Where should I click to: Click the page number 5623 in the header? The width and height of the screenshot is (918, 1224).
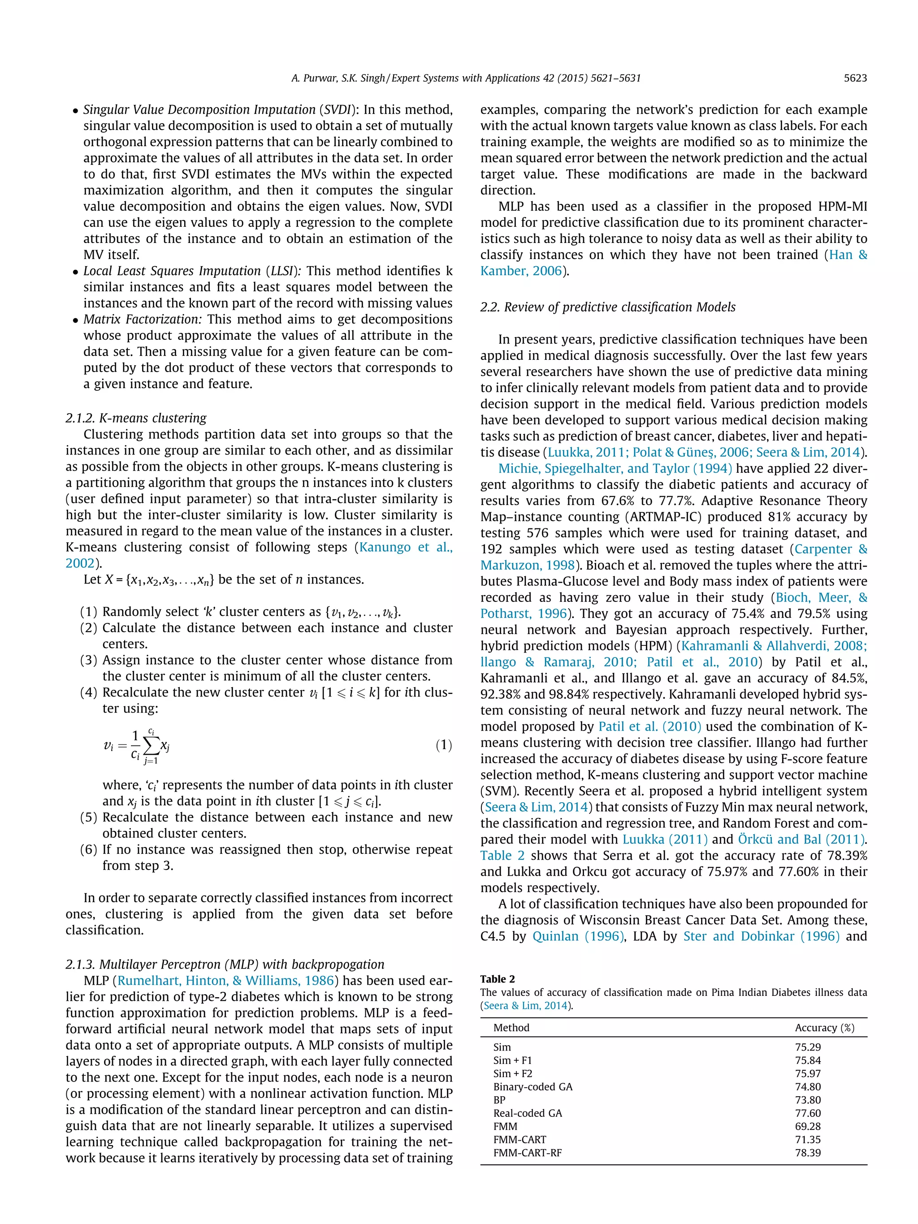855,78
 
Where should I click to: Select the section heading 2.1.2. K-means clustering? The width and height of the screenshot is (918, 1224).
136,418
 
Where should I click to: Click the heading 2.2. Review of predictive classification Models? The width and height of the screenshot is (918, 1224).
607,307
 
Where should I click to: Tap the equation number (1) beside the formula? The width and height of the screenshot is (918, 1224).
443,745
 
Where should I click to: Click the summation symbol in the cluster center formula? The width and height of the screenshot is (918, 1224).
151,746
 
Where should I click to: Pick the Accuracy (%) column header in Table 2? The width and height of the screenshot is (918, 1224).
824,1028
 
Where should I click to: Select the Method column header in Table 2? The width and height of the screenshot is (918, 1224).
511,1028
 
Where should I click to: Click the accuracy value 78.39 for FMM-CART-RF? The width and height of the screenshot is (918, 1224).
808,1153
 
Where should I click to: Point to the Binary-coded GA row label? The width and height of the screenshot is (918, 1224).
533,1087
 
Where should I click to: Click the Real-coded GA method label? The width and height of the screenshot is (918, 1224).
527,1113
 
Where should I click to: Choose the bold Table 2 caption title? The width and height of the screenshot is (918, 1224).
498,979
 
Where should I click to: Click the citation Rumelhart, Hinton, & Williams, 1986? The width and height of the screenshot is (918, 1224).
226,981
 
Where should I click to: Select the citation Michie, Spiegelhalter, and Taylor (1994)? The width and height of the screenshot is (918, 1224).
615,469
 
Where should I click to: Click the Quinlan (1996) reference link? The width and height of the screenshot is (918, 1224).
578,936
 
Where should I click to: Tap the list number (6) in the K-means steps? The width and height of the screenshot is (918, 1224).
89,849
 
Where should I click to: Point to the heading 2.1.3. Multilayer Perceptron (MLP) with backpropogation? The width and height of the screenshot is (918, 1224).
225,964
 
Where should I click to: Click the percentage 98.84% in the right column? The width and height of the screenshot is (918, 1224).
555,694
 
